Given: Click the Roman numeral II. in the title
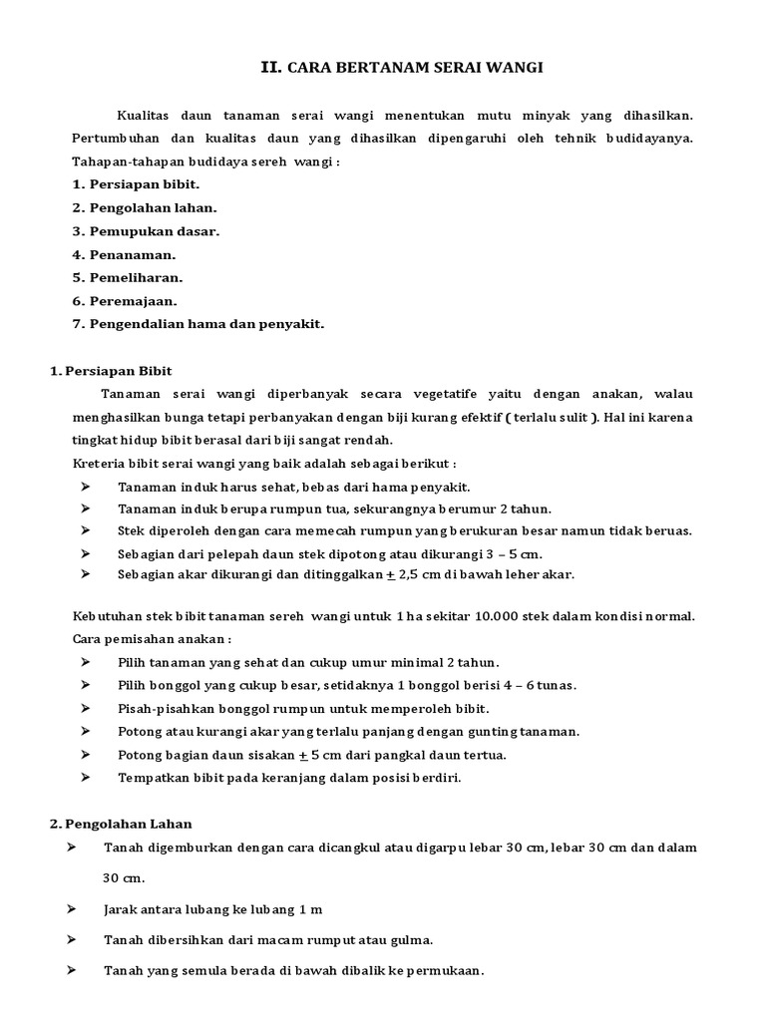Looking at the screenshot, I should pos(270,68).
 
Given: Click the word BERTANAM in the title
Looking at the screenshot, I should pos(371,68).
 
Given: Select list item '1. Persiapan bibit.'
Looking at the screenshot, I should pos(137,184).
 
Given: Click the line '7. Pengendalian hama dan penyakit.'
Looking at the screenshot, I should pos(198,323).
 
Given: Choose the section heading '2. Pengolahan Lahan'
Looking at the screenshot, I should pos(122,824).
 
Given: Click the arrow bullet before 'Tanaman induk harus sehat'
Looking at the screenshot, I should pos(86,487).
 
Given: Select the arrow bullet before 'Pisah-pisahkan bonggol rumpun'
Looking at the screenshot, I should pos(86,708).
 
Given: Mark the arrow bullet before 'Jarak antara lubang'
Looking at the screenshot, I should pos(72,909).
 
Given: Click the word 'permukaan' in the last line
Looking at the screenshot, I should pos(445,969).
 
